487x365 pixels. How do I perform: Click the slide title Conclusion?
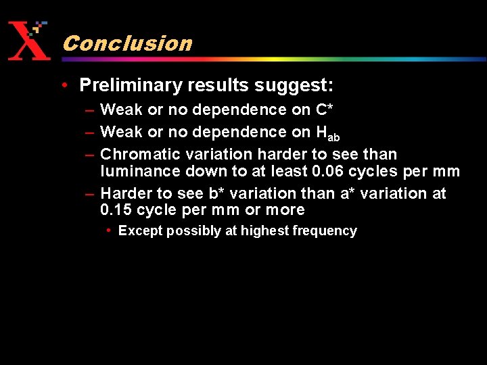127,43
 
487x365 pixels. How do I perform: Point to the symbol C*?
323,109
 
